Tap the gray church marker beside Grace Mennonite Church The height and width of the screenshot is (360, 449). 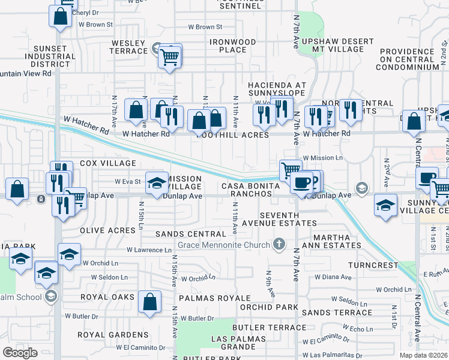(x=278, y=244)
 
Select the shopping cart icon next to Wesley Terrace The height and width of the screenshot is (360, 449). (x=170, y=56)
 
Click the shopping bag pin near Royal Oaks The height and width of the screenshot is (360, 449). (x=149, y=302)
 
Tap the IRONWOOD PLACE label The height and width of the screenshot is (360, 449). (x=232, y=47)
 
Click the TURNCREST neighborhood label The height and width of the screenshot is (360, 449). (x=376, y=265)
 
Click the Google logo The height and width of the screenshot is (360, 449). (x=20, y=352)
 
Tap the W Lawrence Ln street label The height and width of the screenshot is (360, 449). (x=149, y=250)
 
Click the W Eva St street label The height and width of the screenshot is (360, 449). (x=127, y=181)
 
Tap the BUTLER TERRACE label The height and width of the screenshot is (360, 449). (x=269, y=327)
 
